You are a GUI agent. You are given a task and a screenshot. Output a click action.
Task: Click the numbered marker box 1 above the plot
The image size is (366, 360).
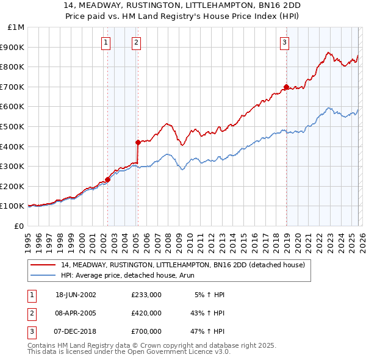coord(106,42)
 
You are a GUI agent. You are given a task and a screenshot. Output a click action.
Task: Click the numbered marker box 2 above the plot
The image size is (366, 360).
coord(135,42)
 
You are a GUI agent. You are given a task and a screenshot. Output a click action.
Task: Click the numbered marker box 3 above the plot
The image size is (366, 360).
coord(284,42)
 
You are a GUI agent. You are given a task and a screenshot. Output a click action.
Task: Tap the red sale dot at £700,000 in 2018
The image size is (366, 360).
coord(286,87)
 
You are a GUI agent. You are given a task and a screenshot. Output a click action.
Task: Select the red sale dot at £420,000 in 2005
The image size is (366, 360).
coord(138,142)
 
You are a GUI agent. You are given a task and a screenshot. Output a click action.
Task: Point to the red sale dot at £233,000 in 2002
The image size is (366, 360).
coord(108,179)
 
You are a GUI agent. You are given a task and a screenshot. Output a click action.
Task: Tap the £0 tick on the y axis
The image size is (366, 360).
coord(18,226)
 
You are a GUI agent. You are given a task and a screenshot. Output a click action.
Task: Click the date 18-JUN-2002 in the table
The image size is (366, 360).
coord(76,294)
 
